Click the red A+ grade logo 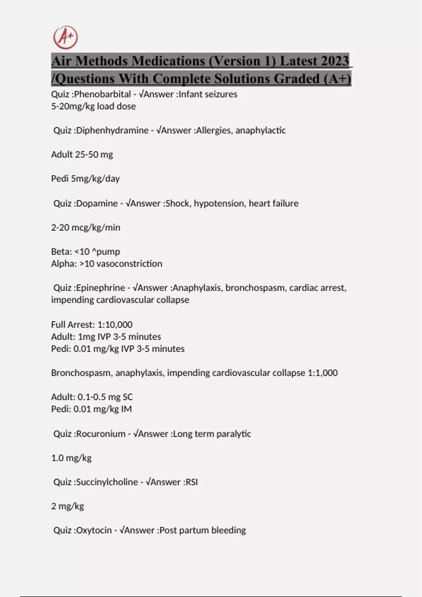click(x=65, y=37)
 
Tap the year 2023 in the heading click(x=331, y=61)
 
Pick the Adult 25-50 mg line click(x=82, y=155)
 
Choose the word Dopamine click(x=97, y=203)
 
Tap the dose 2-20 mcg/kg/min click(x=86, y=228)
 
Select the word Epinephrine click(x=101, y=288)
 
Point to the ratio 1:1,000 click(x=322, y=373)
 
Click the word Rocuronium click(x=101, y=434)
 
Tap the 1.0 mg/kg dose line click(x=71, y=458)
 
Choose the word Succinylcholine click(x=107, y=482)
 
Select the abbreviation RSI click(x=192, y=482)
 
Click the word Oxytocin click(x=94, y=530)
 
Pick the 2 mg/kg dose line click(x=68, y=506)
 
